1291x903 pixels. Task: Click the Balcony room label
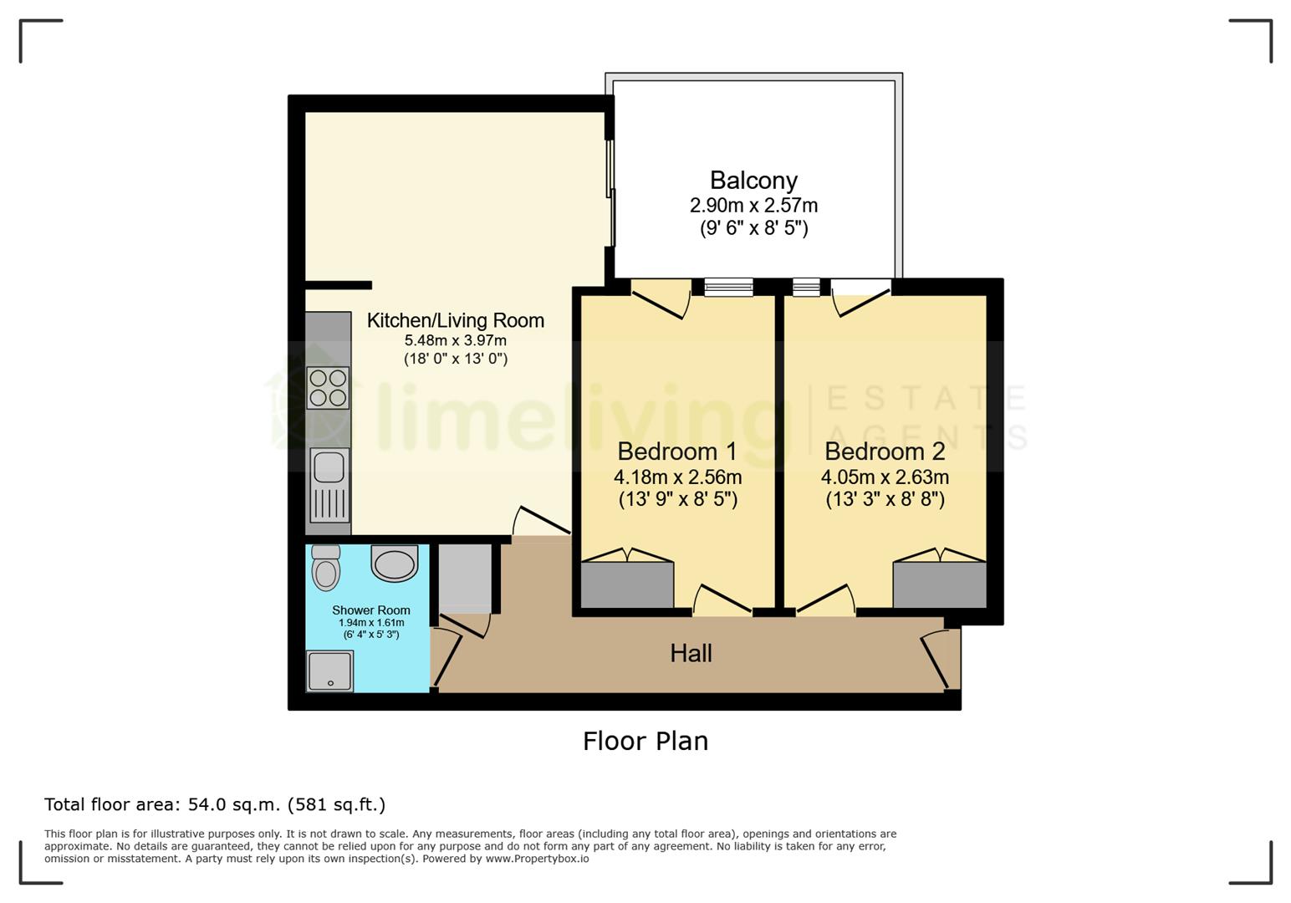(753, 181)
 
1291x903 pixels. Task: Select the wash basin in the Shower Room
(394, 563)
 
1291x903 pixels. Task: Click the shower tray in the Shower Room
(329, 671)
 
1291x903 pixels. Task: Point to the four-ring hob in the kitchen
(328, 388)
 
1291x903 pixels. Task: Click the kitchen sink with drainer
(329, 486)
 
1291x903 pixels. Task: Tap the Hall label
(691, 654)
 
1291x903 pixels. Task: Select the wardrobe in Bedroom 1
(627, 584)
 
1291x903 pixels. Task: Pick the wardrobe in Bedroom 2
(940, 584)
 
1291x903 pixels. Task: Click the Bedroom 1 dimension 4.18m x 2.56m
(678, 477)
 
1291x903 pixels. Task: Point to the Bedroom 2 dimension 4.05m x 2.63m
(885, 477)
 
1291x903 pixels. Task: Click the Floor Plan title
(645, 741)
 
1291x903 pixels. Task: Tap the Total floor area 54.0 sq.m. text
(215, 804)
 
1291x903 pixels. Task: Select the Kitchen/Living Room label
(456, 320)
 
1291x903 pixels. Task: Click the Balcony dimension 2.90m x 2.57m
(754, 205)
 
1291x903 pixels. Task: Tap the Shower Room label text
(370, 610)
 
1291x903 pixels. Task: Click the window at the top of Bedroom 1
(728, 287)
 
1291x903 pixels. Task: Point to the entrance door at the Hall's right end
(941, 659)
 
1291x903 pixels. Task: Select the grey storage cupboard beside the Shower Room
(465, 579)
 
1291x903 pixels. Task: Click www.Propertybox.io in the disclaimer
(537, 859)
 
